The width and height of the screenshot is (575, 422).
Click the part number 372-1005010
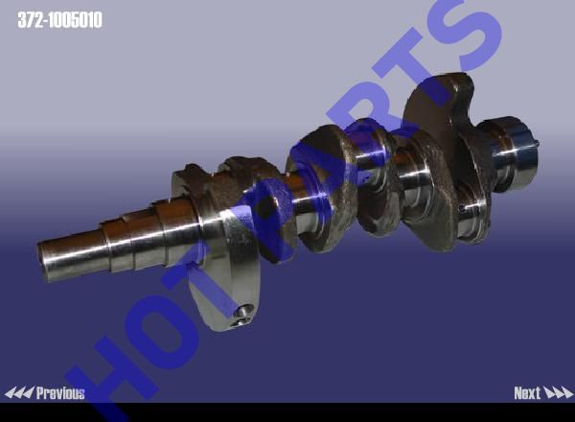coord(59,20)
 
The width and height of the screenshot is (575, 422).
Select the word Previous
coord(60,393)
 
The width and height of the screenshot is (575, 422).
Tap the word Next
coord(527,393)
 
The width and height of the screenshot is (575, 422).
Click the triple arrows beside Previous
coord(19,393)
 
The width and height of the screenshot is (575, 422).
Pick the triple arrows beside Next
coord(558,393)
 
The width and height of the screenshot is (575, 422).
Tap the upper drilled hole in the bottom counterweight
coord(242,311)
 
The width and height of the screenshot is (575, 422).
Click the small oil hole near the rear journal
coord(462,208)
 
